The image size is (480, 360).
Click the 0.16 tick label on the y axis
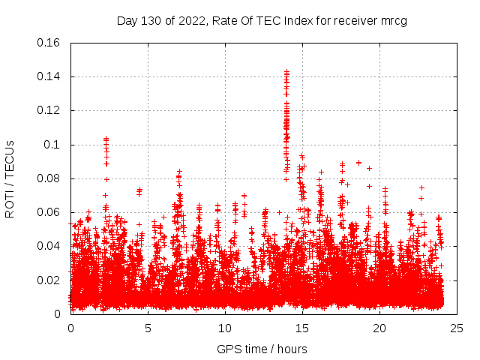click(x=50, y=43)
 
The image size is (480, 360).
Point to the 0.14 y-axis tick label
click(x=50, y=76)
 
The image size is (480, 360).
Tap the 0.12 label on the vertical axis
click(x=50, y=110)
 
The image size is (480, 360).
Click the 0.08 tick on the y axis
click(x=50, y=178)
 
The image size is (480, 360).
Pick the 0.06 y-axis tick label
click(x=50, y=212)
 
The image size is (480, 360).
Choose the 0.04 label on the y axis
click(x=50, y=246)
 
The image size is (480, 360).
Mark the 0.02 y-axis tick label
click(x=50, y=280)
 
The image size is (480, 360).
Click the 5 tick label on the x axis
click(x=148, y=328)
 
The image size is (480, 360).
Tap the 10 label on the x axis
click(x=225, y=328)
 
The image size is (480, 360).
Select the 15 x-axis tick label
click(x=302, y=328)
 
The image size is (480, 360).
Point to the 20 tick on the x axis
click(x=379, y=328)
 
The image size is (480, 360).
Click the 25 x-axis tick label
click(x=457, y=328)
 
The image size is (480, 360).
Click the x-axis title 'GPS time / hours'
click(x=262, y=349)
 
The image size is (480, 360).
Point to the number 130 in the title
click(x=153, y=20)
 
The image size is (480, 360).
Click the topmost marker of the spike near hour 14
click(x=286, y=72)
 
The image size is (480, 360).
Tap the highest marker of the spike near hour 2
click(x=106, y=139)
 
